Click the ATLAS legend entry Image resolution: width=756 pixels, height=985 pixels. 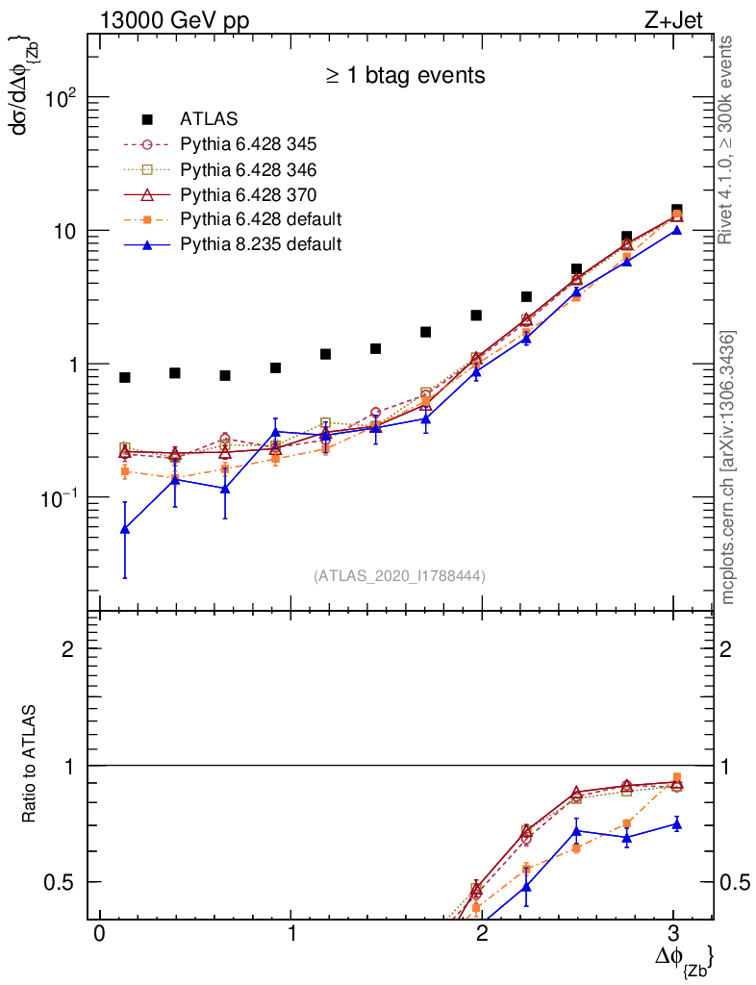209,119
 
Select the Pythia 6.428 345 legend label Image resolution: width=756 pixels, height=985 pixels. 248,144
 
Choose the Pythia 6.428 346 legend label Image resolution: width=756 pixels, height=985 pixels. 248,169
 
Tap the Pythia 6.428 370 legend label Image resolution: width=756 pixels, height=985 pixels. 248,194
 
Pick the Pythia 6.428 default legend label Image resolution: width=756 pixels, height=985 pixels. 261,218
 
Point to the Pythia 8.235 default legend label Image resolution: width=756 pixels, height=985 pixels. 261,243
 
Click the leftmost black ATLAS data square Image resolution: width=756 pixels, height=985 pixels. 125,377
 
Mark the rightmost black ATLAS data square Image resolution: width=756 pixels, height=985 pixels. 677,210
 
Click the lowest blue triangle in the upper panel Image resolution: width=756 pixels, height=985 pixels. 125,529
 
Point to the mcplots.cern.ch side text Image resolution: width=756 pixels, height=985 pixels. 729,467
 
